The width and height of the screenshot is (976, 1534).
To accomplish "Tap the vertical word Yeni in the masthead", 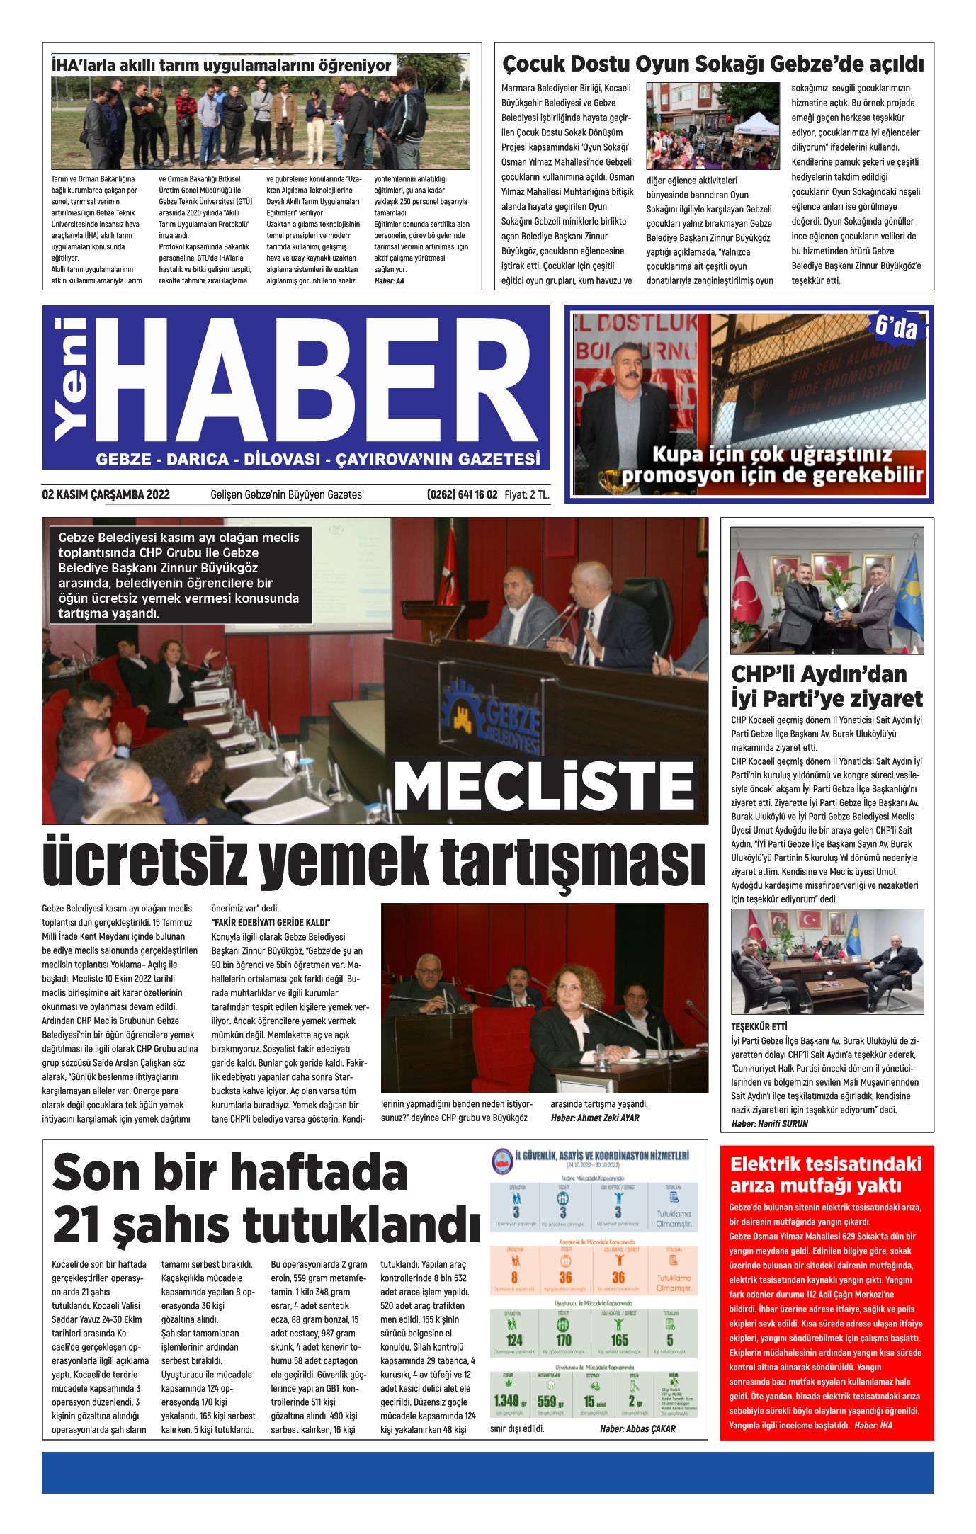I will (71, 380).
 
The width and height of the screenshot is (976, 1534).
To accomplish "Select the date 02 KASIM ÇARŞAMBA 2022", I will (106, 494).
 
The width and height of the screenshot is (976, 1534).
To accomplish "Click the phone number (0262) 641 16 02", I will (462, 494).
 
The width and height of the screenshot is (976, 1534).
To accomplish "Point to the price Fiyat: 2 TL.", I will (527, 494).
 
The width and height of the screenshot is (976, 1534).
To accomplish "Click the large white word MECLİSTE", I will (544, 785).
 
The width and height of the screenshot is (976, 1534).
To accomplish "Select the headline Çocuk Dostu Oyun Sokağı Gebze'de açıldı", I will (713, 64).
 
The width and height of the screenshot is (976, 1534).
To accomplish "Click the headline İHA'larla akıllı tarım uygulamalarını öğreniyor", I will (221, 66).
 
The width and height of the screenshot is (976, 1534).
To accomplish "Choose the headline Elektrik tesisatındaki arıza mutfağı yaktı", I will (826, 1174).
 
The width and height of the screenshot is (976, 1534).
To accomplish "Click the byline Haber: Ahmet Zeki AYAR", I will (594, 1118).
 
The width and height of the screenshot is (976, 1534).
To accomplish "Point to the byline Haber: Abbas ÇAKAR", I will (637, 1428).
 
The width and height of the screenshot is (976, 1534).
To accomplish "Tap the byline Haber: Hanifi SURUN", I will (769, 1123).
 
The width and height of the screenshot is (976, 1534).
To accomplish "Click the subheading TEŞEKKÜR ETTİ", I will (759, 1026).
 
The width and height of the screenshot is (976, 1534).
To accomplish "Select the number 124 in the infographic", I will (514, 1340).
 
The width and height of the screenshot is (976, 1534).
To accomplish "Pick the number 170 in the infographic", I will (564, 1340).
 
